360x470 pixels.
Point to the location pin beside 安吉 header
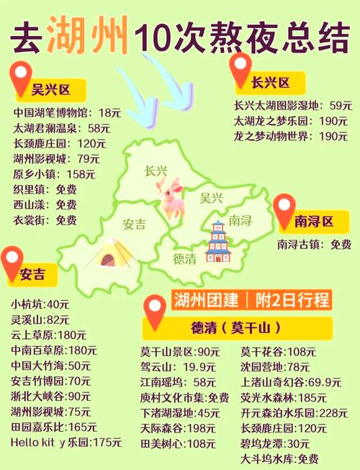(11, 263)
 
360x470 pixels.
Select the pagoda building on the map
(217, 242)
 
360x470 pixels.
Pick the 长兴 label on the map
(156, 171)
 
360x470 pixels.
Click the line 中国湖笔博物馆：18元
(67, 113)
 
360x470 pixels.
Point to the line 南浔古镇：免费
(314, 245)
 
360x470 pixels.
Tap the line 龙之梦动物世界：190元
(291, 136)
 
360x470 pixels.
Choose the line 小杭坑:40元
(40, 304)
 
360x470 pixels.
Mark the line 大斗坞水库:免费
(279, 459)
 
